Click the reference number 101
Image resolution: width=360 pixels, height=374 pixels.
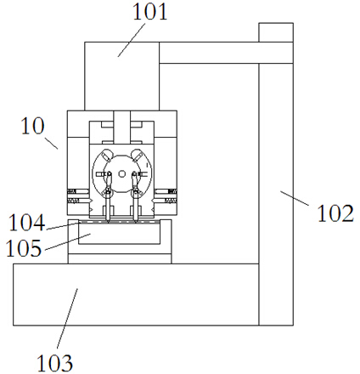[150, 12]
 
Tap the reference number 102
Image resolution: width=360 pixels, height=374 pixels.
[335, 213]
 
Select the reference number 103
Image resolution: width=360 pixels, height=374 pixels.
[54, 363]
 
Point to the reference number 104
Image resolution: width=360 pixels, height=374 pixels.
[27, 223]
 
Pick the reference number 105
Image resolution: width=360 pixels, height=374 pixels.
[24, 248]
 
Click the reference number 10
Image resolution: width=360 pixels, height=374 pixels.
[32, 126]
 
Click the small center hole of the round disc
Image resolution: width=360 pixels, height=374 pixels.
[121, 173]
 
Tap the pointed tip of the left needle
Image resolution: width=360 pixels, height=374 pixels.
[108, 221]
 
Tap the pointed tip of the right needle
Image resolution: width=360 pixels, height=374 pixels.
[136, 221]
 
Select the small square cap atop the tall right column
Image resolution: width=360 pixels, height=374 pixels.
[276, 32]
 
